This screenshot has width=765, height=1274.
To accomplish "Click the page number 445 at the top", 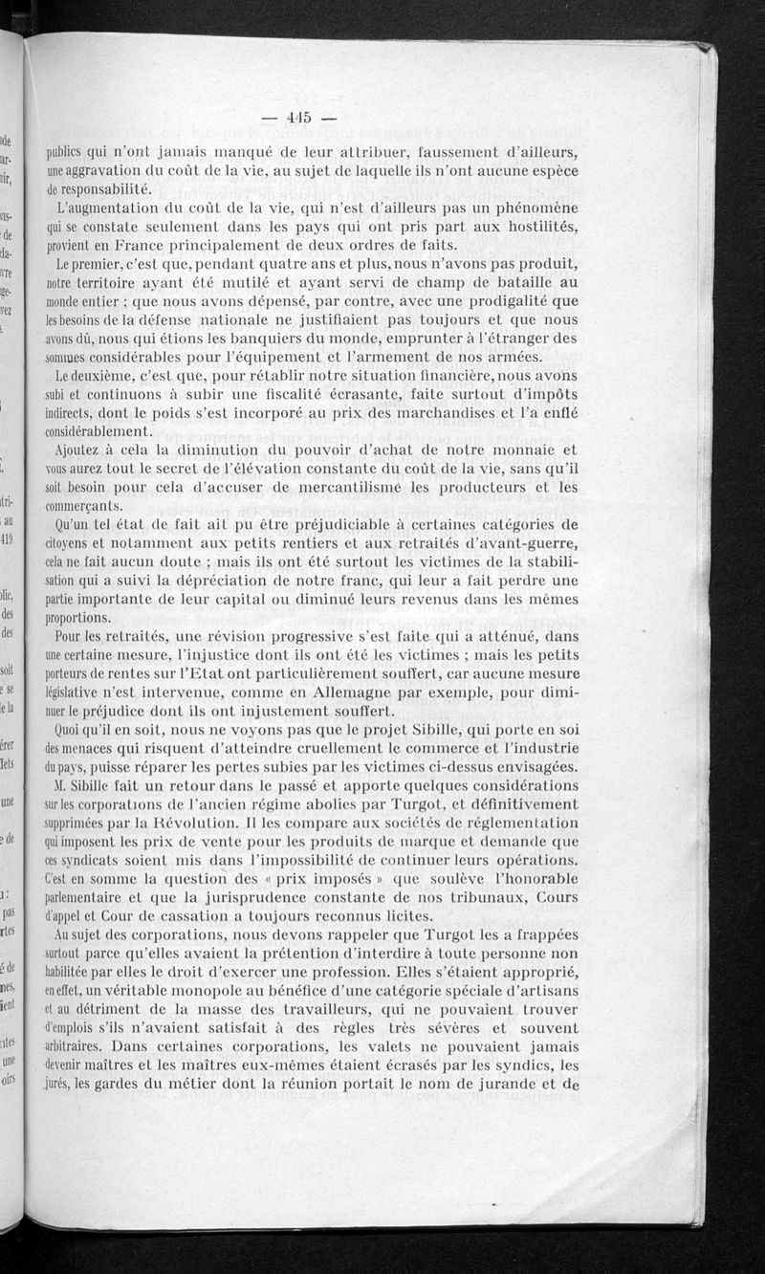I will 299,119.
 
